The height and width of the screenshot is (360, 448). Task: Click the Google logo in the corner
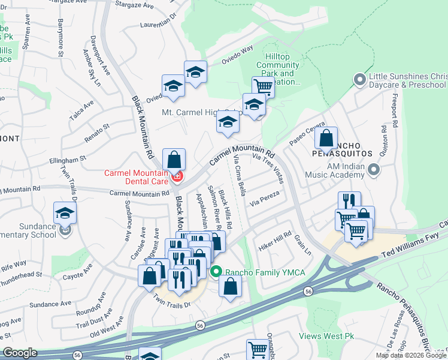click(x=20, y=353)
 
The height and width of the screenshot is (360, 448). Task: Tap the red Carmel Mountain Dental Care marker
click(x=177, y=176)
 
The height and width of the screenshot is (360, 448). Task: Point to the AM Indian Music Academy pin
click(x=374, y=170)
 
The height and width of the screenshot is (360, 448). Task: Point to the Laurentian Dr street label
click(x=159, y=23)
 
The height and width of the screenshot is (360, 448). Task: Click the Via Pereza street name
click(x=265, y=199)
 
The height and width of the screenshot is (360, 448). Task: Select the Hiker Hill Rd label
click(x=276, y=239)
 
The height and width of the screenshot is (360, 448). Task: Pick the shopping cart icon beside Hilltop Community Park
click(x=262, y=86)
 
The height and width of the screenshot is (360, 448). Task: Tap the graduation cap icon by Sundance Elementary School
click(x=65, y=212)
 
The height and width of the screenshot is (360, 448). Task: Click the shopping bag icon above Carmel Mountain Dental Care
click(x=174, y=159)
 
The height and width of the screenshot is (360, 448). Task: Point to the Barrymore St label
click(x=60, y=39)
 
